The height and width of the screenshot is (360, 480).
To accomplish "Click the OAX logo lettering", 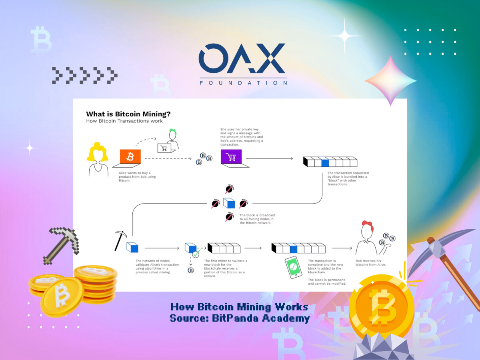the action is [x=242, y=58].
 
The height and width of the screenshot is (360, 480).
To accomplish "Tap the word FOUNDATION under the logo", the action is [x=243, y=83].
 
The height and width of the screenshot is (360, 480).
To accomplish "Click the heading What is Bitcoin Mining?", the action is [x=128, y=114].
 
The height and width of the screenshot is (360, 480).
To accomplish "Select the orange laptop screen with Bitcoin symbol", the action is [x=130, y=156].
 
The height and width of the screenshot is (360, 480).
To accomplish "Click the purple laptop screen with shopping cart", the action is [x=231, y=156].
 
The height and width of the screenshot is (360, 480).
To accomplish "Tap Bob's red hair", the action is [x=368, y=225].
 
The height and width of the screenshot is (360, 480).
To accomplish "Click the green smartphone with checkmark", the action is [x=294, y=267].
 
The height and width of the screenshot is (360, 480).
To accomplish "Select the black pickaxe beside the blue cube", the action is [x=120, y=240].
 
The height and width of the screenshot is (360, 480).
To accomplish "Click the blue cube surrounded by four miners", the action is [x=229, y=203].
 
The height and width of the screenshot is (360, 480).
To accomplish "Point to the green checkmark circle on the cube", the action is [x=196, y=254].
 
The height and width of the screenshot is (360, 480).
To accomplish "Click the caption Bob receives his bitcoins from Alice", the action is [x=371, y=262].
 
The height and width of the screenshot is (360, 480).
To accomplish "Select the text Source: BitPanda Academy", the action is [x=240, y=318].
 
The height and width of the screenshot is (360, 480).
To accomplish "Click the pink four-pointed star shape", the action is [x=390, y=81].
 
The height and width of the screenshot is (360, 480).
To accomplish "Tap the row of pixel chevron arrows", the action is [x=85, y=76].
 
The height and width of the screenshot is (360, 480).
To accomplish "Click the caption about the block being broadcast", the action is [x=257, y=219].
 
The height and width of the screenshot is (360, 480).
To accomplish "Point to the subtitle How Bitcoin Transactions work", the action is [x=124, y=121].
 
